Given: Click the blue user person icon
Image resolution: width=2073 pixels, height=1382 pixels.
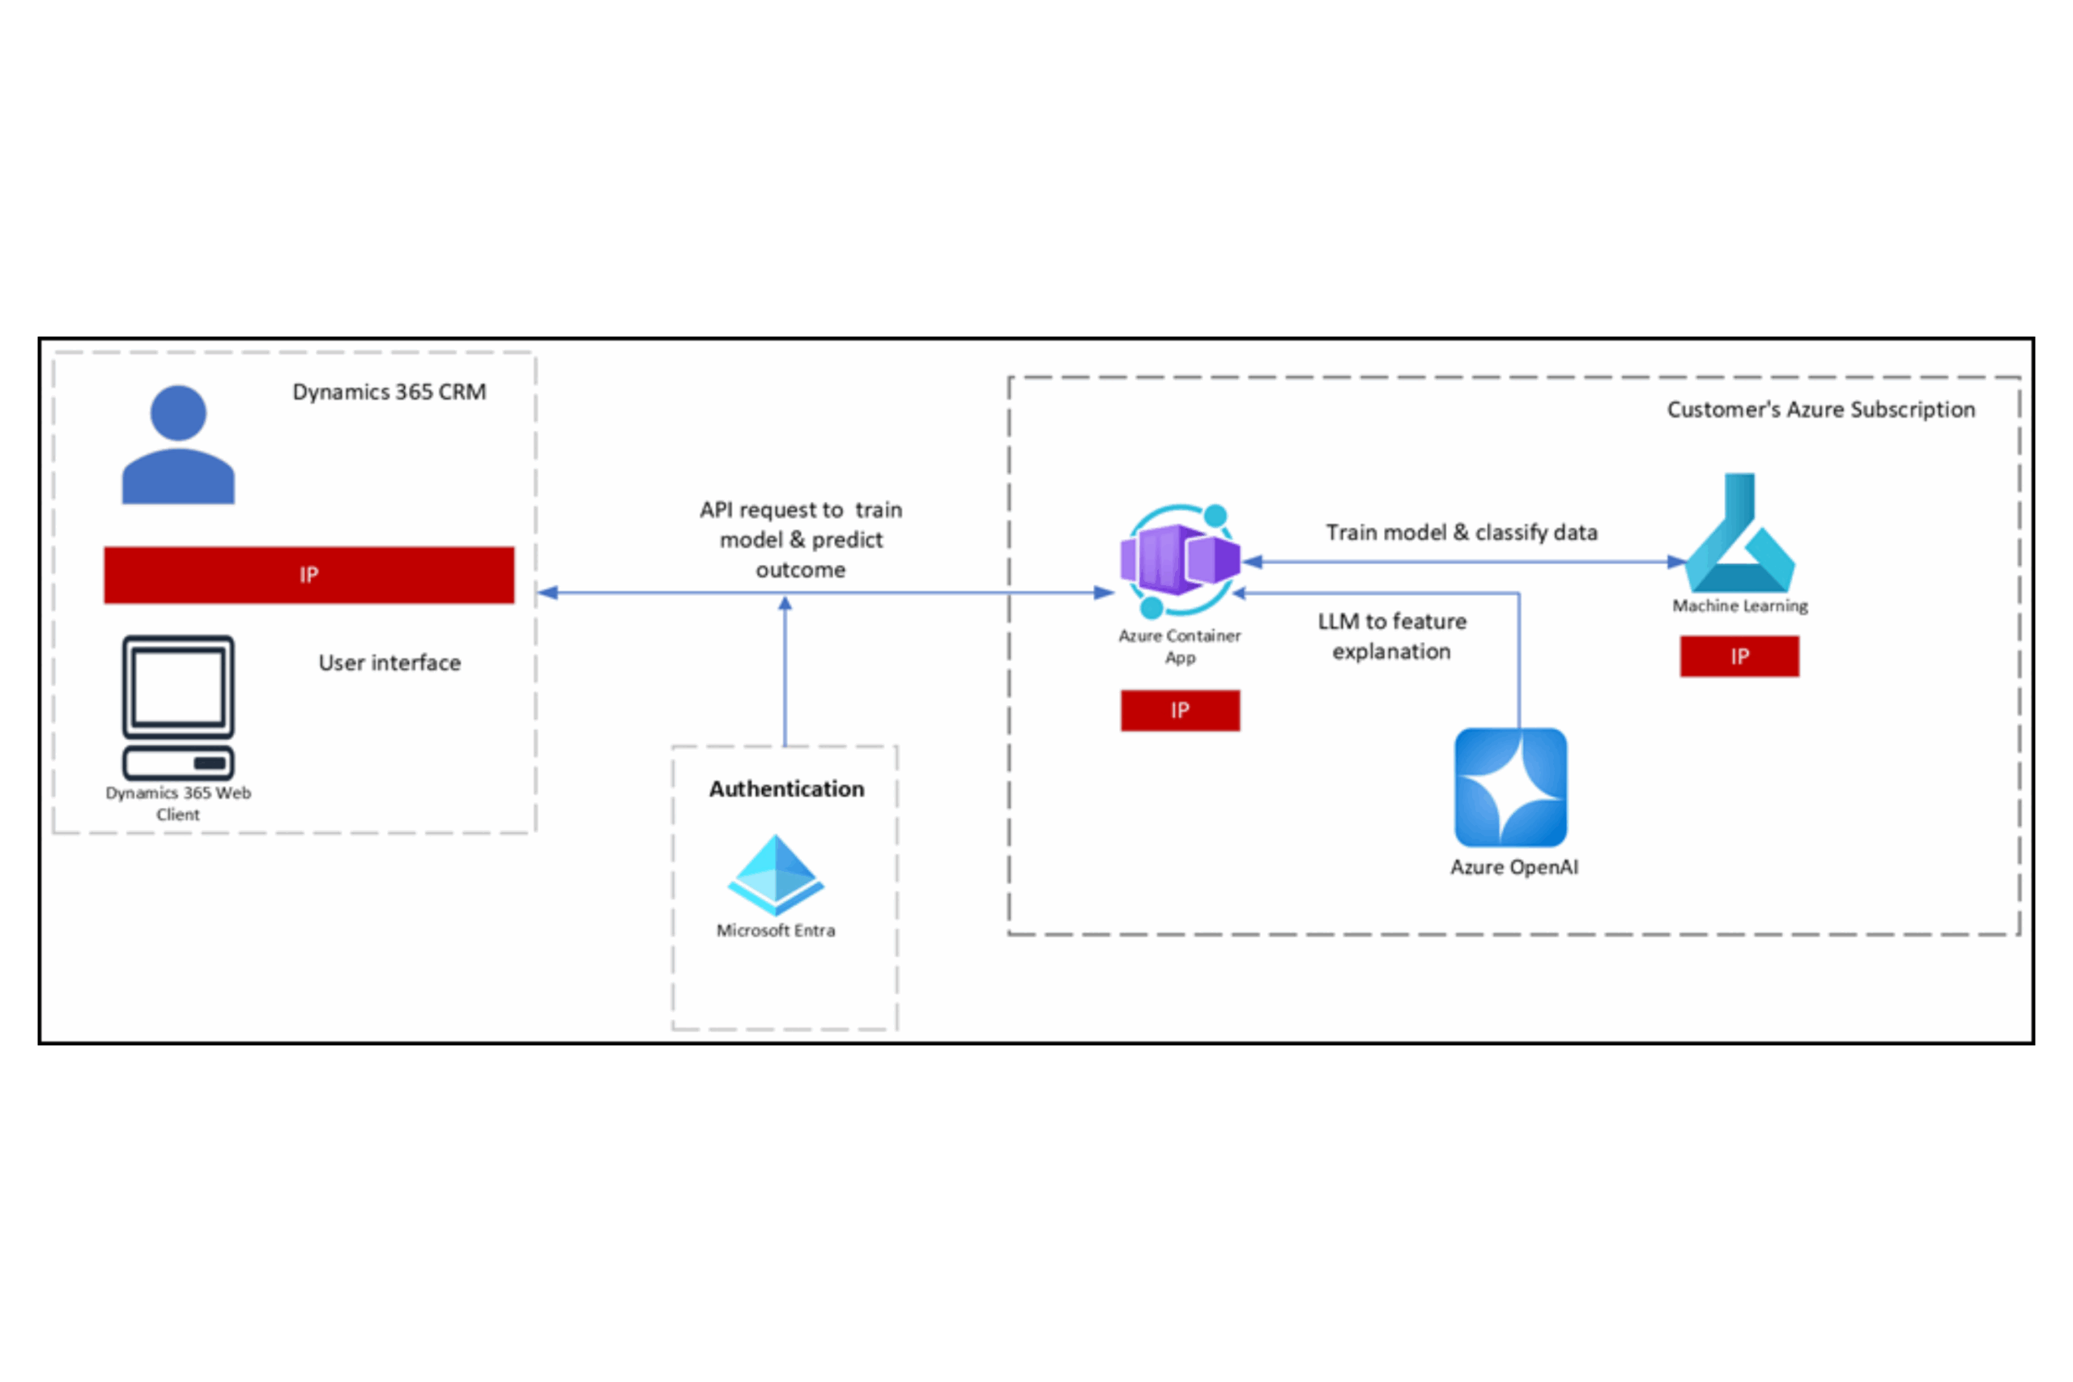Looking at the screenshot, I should [x=178, y=444].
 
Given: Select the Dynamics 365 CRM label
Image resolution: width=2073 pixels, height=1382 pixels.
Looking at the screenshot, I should [x=389, y=391].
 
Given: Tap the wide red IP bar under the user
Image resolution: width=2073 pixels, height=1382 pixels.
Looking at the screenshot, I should [x=309, y=575].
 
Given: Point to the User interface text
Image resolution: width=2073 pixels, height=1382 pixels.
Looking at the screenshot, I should [x=389, y=663].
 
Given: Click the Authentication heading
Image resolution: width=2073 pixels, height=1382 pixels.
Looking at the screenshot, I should [x=786, y=789].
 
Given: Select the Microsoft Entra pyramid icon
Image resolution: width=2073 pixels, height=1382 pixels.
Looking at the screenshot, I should [x=776, y=874].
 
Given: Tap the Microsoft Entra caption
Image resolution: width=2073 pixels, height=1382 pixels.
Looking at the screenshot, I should [x=776, y=931].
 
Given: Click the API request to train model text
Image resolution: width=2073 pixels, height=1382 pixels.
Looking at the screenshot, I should [x=800, y=539].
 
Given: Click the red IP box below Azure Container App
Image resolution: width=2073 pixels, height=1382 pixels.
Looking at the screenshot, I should [x=1180, y=710].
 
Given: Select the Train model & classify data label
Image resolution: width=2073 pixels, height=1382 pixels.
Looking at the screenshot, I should [x=1462, y=533].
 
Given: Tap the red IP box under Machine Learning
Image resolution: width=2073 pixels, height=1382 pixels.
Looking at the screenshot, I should [x=1739, y=657].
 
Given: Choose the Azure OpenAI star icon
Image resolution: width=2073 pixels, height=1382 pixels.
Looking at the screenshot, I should [x=1511, y=787].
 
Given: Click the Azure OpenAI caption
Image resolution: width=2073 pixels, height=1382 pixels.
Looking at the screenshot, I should [x=1514, y=867].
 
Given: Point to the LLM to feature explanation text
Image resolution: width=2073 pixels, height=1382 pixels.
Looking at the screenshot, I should [x=1392, y=636].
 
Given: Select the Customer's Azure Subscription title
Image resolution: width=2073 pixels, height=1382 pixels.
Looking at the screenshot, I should [x=1821, y=410].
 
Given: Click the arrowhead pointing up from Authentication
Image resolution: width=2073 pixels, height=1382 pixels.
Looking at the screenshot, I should [x=785, y=604].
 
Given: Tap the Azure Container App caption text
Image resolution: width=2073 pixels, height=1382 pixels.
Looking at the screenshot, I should [x=1179, y=646].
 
